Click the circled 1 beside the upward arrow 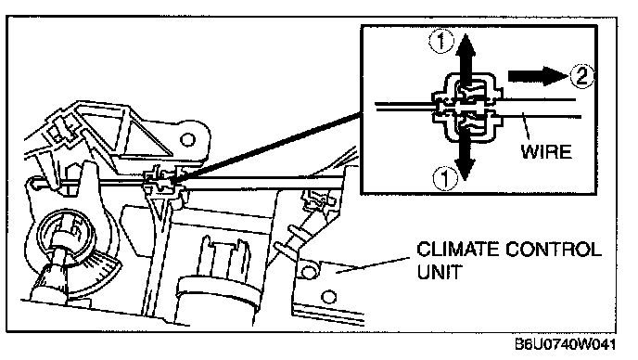pyautogui.click(x=441, y=43)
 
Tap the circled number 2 pyautogui.click(x=581, y=76)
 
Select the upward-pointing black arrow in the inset pyautogui.click(x=466, y=60)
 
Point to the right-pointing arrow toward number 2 pyautogui.click(x=538, y=75)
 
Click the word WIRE pyautogui.click(x=546, y=151)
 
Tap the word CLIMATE pyautogui.click(x=457, y=250)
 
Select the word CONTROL pyautogui.click(x=553, y=250)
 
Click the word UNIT pyautogui.click(x=440, y=272)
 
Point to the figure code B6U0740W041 pyautogui.click(x=565, y=345)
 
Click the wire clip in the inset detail pyautogui.click(x=466, y=107)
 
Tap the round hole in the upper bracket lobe pyautogui.click(x=187, y=140)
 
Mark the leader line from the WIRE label pyautogui.click(x=526, y=127)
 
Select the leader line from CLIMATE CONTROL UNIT pyautogui.click(x=372, y=265)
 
